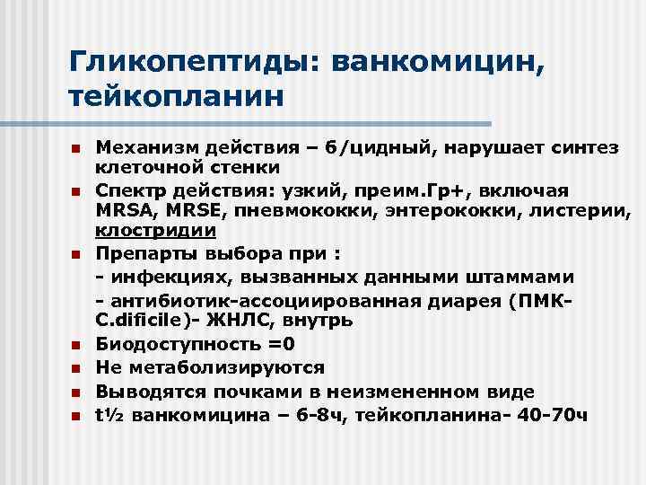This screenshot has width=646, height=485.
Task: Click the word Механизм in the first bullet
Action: click(x=144, y=147)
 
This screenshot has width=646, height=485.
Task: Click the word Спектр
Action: click(x=133, y=190)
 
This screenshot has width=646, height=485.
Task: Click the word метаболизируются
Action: click(x=223, y=368)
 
